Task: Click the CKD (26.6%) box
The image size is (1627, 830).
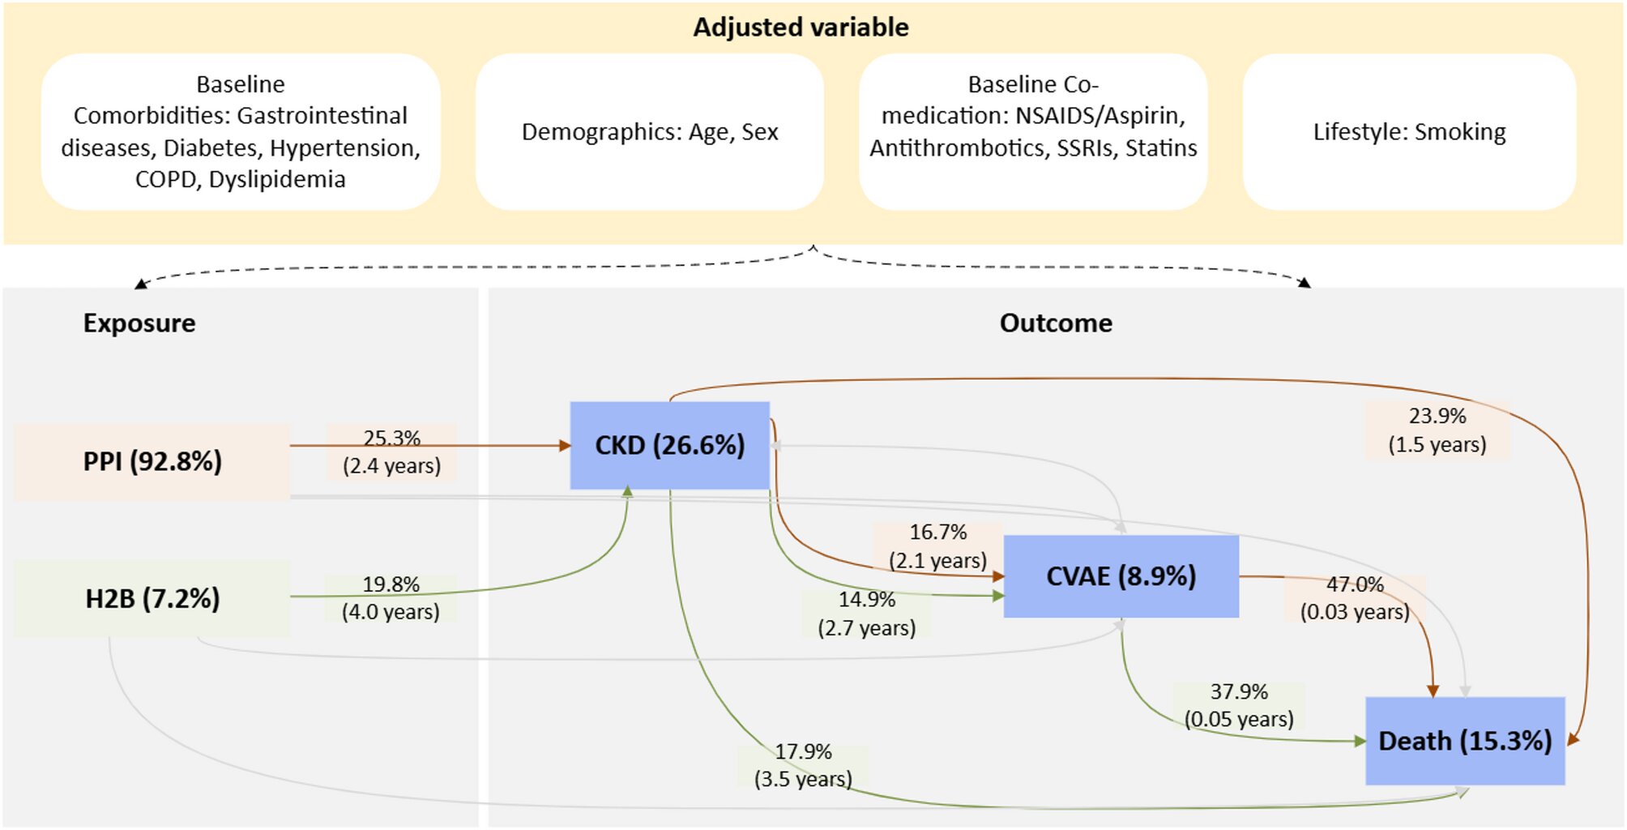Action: point(669,445)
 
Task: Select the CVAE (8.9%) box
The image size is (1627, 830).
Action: point(1121,576)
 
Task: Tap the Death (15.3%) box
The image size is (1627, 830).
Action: point(1465,741)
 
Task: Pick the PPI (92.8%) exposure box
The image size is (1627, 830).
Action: point(152,461)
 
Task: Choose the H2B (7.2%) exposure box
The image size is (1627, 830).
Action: point(152,599)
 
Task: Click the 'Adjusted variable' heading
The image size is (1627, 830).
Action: point(801,28)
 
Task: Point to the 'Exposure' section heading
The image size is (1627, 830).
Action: point(139,323)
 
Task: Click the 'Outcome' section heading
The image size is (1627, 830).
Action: point(1056,323)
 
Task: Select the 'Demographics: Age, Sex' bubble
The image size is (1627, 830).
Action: point(650,132)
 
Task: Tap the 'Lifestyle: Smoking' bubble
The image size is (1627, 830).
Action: point(1409,132)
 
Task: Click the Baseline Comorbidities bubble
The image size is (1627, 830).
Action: point(241,132)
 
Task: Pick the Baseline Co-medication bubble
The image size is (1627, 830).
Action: point(1033,117)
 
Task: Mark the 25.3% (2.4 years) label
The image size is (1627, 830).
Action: point(391,452)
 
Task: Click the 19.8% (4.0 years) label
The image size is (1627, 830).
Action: point(391,598)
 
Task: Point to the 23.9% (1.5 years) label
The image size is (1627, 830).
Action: point(1437,430)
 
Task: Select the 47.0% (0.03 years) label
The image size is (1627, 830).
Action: point(1355,598)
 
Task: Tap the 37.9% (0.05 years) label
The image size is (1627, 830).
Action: point(1239,705)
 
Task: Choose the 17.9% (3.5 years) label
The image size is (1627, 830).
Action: point(803,765)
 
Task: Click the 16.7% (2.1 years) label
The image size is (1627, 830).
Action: point(937,546)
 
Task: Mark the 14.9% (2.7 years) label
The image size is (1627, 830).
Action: point(866,614)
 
